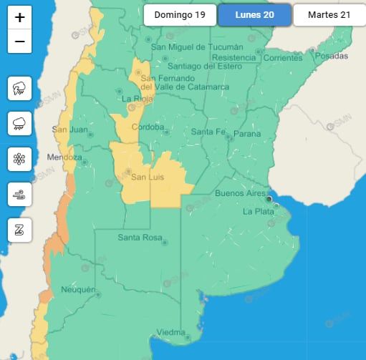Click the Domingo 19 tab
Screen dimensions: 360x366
pos(179,15)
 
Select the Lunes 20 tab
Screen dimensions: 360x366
pos(255,15)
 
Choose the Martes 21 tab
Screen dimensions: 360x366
pos(329,15)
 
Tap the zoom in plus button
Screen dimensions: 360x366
pos(19,17)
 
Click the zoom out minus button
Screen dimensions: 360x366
pos(19,42)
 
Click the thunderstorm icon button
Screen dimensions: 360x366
pos(19,89)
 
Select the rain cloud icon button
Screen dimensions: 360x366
pos(19,125)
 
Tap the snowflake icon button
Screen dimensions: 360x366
pos(19,159)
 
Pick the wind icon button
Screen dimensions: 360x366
pos(19,193)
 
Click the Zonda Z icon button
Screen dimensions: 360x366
pos(19,229)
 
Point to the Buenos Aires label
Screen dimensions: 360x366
pos(241,193)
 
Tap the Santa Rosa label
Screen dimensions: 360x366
pos(138,238)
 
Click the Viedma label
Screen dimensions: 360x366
pos(171,333)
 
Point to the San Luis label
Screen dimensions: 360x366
pos(148,177)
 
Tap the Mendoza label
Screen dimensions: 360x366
pos(64,157)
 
